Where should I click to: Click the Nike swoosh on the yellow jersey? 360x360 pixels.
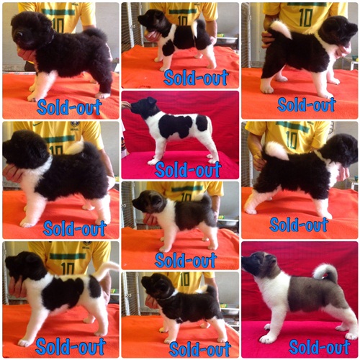tap(38, 125)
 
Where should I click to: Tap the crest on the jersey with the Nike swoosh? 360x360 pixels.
tap(76, 125)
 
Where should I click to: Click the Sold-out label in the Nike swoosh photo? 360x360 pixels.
tap(75, 228)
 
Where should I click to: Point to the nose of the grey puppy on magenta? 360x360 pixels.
tap(243, 259)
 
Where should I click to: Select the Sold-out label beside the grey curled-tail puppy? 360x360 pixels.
tap(320, 347)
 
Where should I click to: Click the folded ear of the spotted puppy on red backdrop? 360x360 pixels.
tap(151, 100)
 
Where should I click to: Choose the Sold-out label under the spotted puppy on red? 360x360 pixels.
tap(188, 169)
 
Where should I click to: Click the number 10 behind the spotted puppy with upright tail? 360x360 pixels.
tap(67, 269)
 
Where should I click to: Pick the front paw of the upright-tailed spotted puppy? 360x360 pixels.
tap(24, 343)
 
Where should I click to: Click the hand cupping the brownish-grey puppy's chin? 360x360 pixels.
tap(149, 220)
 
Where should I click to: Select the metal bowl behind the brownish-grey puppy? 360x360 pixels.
tap(228, 222)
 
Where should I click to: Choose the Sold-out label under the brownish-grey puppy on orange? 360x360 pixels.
tap(186, 260)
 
